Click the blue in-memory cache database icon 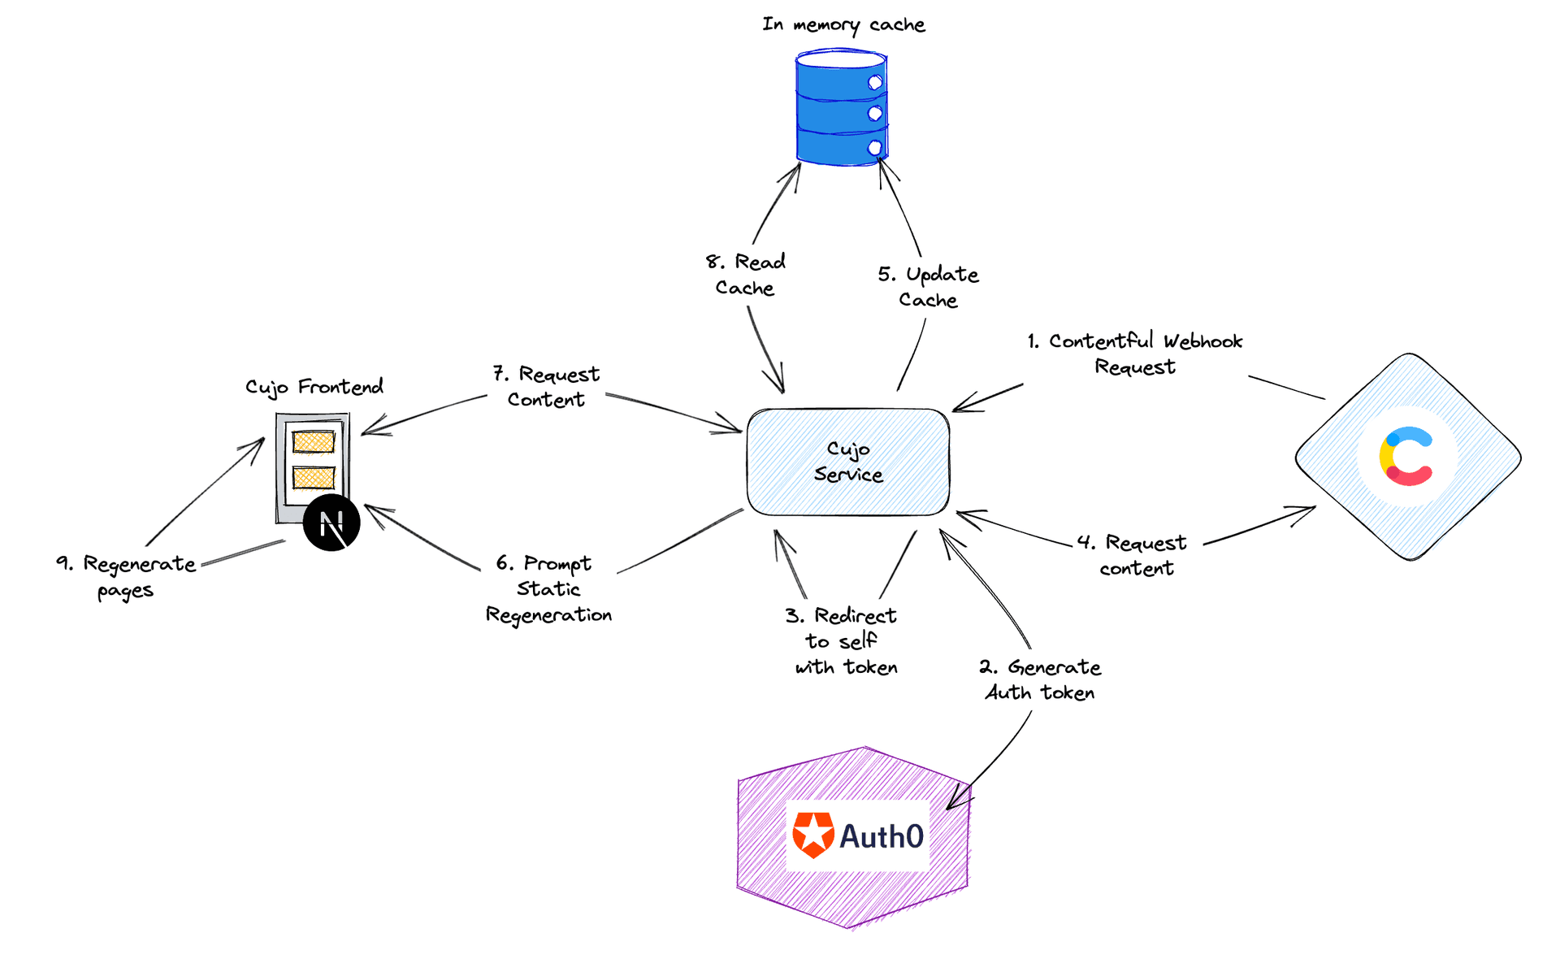point(841,107)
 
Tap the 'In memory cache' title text point(843,25)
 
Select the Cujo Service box point(847,462)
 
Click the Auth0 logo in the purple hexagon point(858,835)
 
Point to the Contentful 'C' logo point(1406,457)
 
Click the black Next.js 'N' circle point(331,523)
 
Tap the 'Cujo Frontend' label point(314,387)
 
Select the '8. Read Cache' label point(745,275)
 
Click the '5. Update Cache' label point(928,287)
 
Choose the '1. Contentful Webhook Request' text point(1134,354)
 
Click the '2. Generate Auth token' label point(1040,679)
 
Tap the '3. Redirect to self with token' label point(843,641)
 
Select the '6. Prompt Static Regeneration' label point(548,589)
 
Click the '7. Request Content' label point(546,387)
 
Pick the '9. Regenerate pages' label point(126,576)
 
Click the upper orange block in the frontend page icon point(314,442)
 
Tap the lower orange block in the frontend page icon point(314,477)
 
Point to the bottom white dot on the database point(875,148)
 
